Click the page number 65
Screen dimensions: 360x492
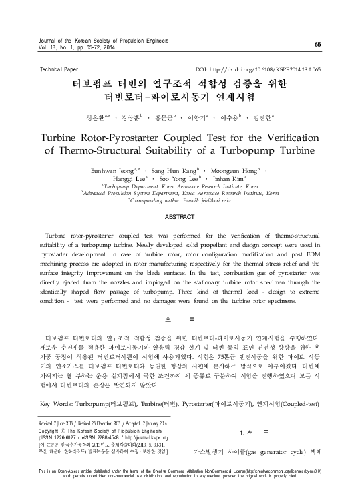(317, 44)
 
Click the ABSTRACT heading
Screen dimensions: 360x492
(180, 218)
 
